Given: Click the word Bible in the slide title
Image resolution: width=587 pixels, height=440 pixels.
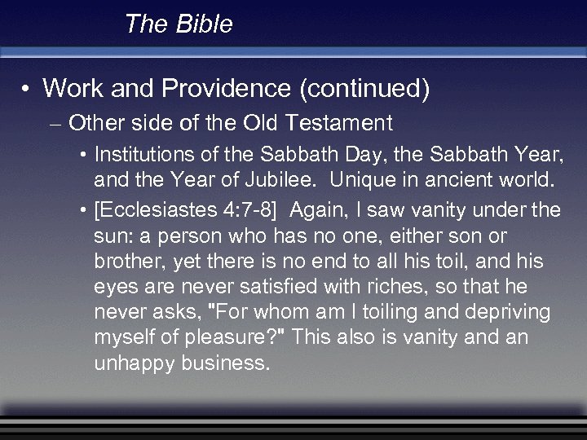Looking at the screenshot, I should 204,24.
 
